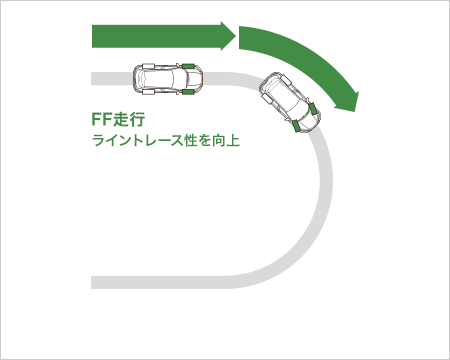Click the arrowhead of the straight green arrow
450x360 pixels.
click(226, 37)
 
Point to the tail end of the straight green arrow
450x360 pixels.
click(95, 37)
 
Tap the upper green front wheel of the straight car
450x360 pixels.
click(187, 65)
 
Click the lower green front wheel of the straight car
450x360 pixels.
click(187, 92)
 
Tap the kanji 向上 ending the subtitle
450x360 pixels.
click(226, 141)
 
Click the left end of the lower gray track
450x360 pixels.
click(95, 280)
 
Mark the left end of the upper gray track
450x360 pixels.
click(95, 78)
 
